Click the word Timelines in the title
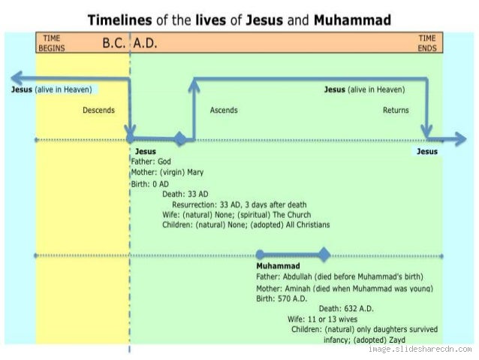point(121,20)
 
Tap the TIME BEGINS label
point(51,42)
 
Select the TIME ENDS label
point(426,42)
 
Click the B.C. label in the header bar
point(115,43)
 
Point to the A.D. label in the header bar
point(145,43)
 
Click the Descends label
point(98,110)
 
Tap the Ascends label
point(224,110)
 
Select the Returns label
point(396,110)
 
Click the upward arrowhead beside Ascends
point(194,84)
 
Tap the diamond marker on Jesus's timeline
point(179,139)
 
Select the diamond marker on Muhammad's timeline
point(324,255)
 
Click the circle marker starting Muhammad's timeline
point(260,255)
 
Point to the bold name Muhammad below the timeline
point(278,266)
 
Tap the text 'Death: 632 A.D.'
point(346,308)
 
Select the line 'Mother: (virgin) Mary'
point(167,172)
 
